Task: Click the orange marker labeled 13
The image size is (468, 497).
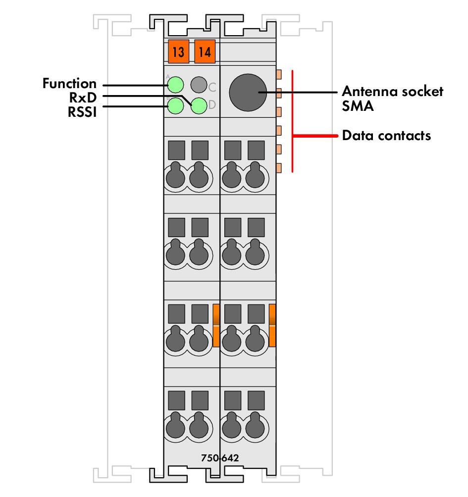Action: pos(178,51)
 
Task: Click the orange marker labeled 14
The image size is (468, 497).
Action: pos(205,51)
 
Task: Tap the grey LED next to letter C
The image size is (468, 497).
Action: pos(199,85)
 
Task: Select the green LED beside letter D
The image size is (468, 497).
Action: pos(199,105)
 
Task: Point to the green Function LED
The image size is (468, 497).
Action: pos(175,85)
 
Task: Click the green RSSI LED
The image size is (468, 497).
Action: pos(175,105)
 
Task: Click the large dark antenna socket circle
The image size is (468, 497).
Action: pos(248,93)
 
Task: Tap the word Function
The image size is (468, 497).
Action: pos(69,83)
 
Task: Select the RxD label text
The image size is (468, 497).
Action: pos(83,98)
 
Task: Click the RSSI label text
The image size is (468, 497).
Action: pos(82,112)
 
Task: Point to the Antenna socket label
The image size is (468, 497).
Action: pos(393,91)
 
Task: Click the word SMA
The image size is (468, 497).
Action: pos(358,106)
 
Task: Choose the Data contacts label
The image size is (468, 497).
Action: pos(386,136)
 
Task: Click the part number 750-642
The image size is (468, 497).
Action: pos(220,458)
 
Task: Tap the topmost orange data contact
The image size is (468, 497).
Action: pos(279,74)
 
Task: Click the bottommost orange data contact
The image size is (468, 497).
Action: pos(279,168)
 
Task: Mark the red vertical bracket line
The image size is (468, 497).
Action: pos(292,121)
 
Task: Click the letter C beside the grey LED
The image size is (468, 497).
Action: pos(212,87)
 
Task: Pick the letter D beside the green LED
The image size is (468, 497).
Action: pos(212,104)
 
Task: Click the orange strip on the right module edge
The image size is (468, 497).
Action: pos(272,325)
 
